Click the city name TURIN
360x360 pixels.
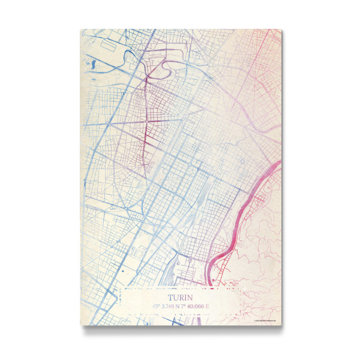[x=180, y=296]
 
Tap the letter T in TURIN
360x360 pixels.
[x=170, y=296]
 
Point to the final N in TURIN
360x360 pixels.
[x=190, y=296]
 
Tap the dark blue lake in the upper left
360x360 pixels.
[x=94, y=62]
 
